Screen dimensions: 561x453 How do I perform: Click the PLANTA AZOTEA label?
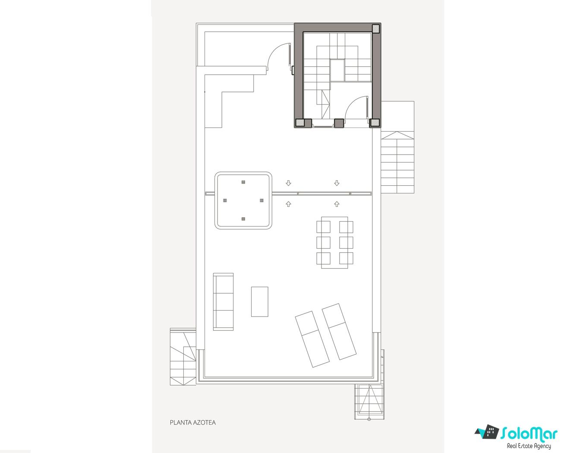click(192, 422)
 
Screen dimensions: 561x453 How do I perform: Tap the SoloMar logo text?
click(529, 434)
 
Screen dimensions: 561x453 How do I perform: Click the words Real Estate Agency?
click(529, 446)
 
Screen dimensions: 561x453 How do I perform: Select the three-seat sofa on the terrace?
click(223, 302)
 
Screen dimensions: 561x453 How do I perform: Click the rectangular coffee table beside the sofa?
click(259, 302)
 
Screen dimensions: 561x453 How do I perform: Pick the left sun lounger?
click(312, 339)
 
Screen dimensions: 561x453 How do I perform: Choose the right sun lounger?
click(339, 331)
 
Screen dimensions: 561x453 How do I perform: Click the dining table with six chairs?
click(334, 242)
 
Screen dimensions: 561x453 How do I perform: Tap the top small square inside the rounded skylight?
click(243, 182)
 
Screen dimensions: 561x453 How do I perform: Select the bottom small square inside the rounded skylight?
click(243, 219)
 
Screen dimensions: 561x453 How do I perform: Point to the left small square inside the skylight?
click(225, 200)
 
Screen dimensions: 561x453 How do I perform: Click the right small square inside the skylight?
click(262, 200)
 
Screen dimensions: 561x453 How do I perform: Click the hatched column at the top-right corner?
click(375, 29)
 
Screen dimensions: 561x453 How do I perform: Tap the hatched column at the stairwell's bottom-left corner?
click(300, 123)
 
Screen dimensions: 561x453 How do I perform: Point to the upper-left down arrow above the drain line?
click(288, 183)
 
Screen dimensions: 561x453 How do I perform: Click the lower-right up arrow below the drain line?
click(337, 204)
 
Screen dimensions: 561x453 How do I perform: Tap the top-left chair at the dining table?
click(323, 227)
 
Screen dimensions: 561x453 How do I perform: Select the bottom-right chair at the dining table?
click(346, 258)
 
